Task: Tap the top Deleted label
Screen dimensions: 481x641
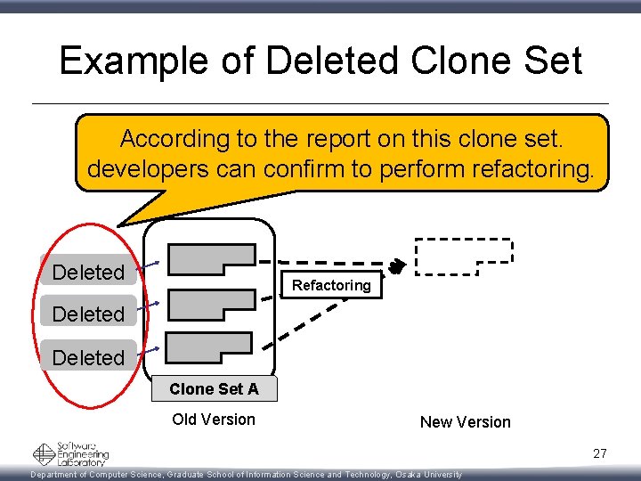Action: pos(88,272)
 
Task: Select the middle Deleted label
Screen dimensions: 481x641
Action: pos(88,314)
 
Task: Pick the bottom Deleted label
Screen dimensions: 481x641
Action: pos(88,357)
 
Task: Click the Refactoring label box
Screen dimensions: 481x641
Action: pos(331,285)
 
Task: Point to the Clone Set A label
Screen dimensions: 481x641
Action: pos(214,388)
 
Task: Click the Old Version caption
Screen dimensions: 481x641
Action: pos(214,420)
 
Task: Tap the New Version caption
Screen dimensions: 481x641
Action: pos(466,422)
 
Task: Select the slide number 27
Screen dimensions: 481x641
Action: pos(600,454)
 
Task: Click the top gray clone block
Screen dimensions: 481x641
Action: pos(210,259)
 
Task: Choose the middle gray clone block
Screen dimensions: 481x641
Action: pos(210,304)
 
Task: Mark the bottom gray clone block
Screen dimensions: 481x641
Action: pos(209,346)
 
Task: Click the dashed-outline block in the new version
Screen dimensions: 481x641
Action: pos(463,257)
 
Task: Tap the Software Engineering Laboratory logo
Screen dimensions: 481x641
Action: pos(70,454)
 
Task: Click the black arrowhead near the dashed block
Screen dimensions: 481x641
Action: pos(397,266)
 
